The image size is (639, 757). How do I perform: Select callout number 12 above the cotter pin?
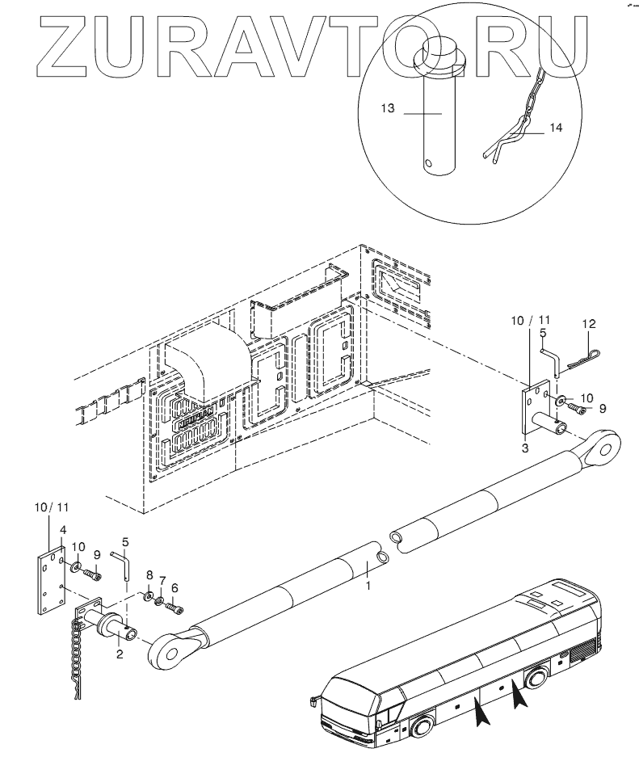coord(588,324)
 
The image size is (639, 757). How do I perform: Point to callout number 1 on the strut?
coord(368,584)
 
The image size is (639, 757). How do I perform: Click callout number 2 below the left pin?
coord(119,654)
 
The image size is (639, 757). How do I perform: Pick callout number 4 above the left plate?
coord(61,530)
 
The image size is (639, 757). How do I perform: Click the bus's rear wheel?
coord(538,678)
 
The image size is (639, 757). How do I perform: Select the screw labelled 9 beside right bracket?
coord(576,409)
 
